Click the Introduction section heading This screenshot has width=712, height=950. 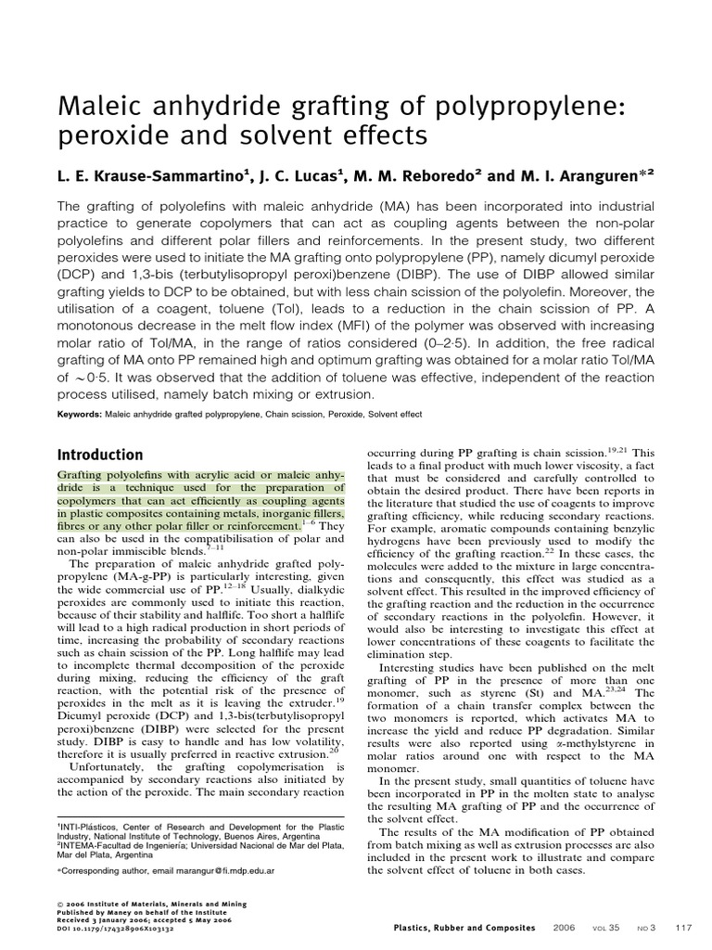[x=100, y=455]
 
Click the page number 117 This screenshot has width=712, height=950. [x=684, y=928]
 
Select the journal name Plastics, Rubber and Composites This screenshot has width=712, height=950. [x=464, y=928]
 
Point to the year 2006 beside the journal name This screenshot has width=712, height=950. [x=564, y=928]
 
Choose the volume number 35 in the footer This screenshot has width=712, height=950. [x=615, y=928]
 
